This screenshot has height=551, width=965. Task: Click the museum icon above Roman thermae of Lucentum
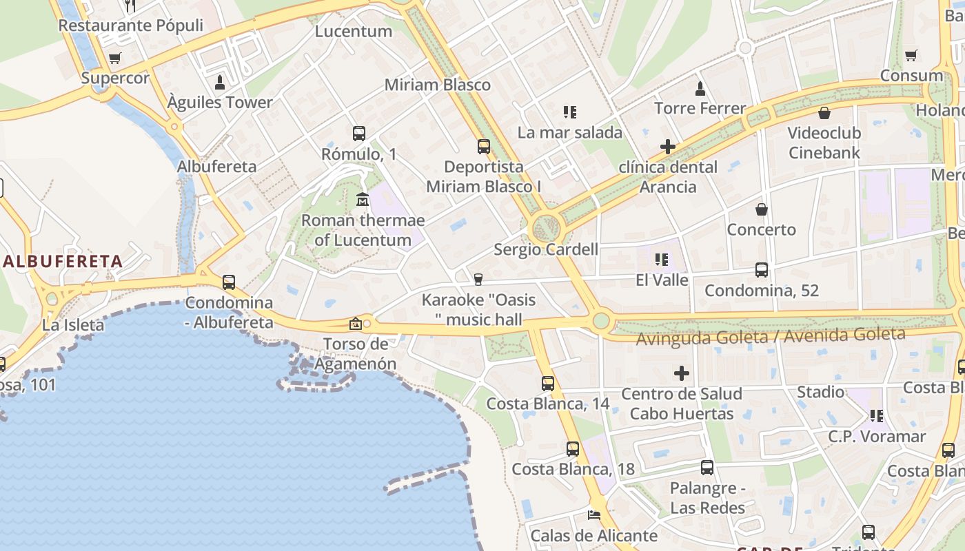pyautogui.click(x=363, y=200)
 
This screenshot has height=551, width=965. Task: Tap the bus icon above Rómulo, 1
pyautogui.click(x=358, y=134)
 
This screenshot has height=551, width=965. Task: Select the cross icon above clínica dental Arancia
pyautogui.click(x=667, y=146)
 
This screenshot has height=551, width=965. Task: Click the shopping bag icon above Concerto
pyautogui.click(x=761, y=209)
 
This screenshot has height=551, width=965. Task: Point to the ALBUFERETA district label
pyautogui.click(x=63, y=261)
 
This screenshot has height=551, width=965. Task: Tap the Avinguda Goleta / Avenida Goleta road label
pyautogui.click(x=770, y=336)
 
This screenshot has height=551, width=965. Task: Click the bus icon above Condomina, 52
pyautogui.click(x=761, y=270)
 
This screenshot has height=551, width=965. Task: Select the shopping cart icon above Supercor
pyautogui.click(x=114, y=59)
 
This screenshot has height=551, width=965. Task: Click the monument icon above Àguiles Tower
pyautogui.click(x=220, y=83)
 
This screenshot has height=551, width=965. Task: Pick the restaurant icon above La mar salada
pyautogui.click(x=569, y=112)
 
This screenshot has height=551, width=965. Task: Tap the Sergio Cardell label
pyautogui.click(x=546, y=249)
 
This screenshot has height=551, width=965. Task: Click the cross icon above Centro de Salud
pyautogui.click(x=681, y=373)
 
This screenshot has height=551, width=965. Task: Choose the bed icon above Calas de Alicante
pyautogui.click(x=593, y=514)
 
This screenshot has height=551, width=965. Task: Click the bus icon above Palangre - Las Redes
pyautogui.click(x=707, y=468)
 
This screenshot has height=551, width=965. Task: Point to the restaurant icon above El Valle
pyautogui.click(x=662, y=260)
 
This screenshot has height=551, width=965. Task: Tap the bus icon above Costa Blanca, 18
pyautogui.click(x=572, y=449)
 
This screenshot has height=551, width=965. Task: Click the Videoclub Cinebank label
pyautogui.click(x=824, y=143)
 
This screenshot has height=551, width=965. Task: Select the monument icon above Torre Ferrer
pyautogui.click(x=700, y=88)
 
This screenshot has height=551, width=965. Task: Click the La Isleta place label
pyautogui.click(x=73, y=325)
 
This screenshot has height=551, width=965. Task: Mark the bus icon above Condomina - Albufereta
pyautogui.click(x=228, y=282)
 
